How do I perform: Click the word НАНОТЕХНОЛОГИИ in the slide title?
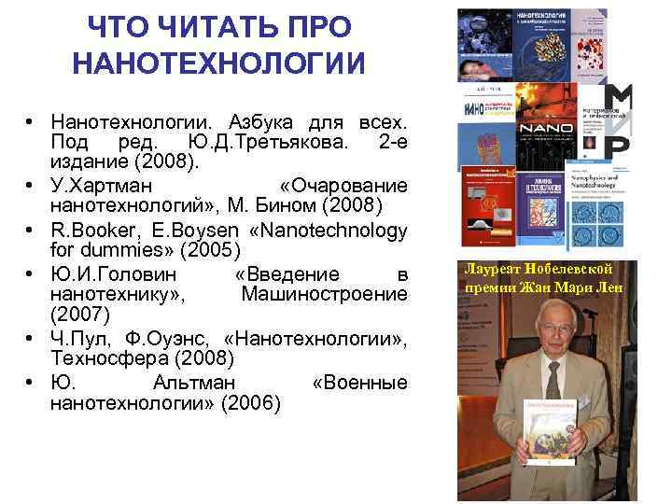pyautogui.click(x=218, y=63)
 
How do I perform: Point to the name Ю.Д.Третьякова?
pyautogui.click(x=270, y=141)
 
